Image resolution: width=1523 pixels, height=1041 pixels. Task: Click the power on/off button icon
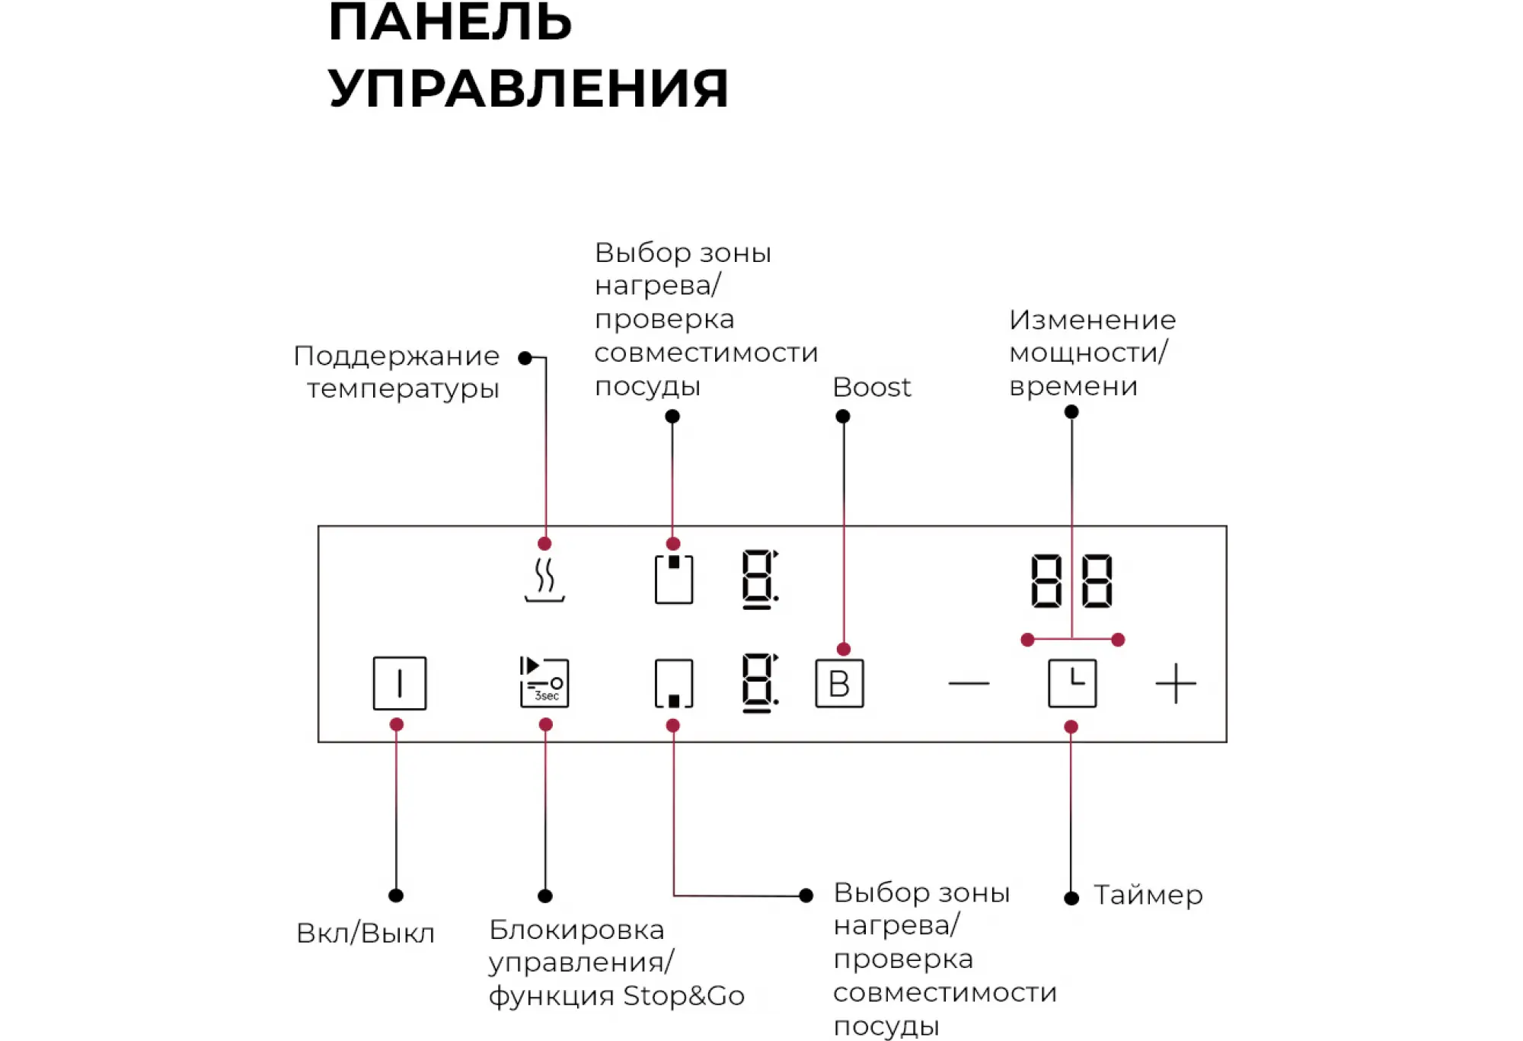coord(400,683)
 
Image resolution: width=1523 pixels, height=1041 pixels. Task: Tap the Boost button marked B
coord(839,683)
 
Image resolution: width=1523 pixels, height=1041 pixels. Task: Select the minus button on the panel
coord(969,683)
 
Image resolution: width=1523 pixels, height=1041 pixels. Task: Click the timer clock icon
coord(1072,683)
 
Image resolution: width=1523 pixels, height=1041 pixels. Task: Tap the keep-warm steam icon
coord(544,580)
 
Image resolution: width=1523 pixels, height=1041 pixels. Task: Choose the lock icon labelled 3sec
coord(544,682)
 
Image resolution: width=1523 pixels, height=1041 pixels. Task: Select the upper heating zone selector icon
coord(674,580)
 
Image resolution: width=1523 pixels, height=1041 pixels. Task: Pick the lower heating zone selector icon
coord(674,683)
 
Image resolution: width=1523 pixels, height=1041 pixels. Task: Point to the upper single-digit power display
coord(760,580)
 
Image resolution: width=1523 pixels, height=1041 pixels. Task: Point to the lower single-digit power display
coord(760,683)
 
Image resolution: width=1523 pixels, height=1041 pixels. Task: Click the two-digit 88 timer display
coord(1071,581)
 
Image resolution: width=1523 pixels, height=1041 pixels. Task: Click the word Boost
coord(871,388)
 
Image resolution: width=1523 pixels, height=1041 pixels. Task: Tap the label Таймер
coord(1148,896)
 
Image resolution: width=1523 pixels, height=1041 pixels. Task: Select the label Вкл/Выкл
coord(366,933)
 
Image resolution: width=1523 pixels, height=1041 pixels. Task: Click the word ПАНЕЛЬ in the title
coord(450,21)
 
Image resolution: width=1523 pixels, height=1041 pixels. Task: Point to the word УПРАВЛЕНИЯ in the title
coord(528,88)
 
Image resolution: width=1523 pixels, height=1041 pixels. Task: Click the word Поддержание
coord(397,356)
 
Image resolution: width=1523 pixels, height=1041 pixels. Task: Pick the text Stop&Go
coord(684,996)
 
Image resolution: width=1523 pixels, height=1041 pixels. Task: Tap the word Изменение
coord(1092,320)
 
